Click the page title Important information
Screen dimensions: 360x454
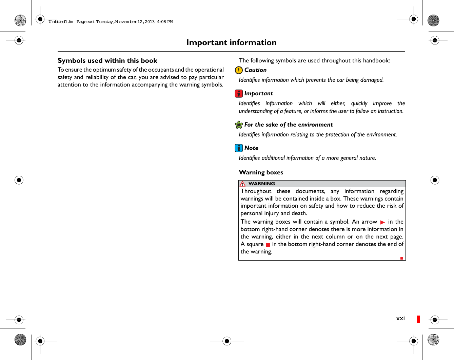coord(231,42)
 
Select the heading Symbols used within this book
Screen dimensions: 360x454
coord(107,61)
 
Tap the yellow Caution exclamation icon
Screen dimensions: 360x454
coord(239,70)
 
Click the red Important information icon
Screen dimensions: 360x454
coord(239,94)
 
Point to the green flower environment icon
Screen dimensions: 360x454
coord(239,125)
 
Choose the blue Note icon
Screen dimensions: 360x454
coord(239,148)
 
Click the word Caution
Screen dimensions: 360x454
coord(255,70)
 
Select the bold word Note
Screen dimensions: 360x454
coord(251,148)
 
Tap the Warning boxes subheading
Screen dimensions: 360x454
coord(261,172)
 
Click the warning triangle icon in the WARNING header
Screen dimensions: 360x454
coord(242,184)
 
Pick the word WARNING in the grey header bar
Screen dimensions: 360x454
coord(261,184)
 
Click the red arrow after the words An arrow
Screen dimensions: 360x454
coord(382,222)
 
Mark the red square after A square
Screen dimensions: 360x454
coord(268,245)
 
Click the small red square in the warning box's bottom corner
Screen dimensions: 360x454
coord(402,258)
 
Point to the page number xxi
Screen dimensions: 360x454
coord(400,318)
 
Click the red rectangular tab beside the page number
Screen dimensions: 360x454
coord(419,319)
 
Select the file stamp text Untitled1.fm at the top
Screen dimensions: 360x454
coord(61,22)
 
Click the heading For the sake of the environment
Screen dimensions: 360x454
coord(288,125)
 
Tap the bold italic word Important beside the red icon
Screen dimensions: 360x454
coord(258,94)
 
